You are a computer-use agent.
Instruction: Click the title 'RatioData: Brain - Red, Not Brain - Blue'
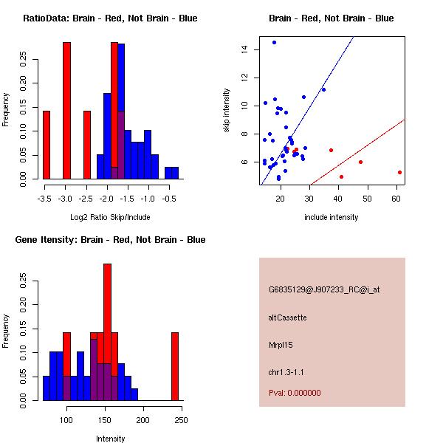coord(110,18)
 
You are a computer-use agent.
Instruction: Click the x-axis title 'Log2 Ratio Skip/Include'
coord(109,217)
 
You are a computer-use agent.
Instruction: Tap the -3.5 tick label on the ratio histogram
coord(46,199)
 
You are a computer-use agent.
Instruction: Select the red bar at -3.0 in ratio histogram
coord(66,111)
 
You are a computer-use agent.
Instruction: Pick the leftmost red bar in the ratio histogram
coord(47,145)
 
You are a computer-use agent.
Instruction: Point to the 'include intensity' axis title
coord(331,217)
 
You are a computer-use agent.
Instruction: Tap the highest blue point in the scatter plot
coord(274,43)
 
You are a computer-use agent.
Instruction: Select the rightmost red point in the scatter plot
coord(399,172)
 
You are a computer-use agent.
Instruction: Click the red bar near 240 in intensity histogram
coord(175,366)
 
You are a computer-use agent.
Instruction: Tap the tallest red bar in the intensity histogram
coord(107,332)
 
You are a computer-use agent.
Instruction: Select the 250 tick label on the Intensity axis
coord(179,420)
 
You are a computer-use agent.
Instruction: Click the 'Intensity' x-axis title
coord(110,439)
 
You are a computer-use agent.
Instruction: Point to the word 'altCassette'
coord(287,317)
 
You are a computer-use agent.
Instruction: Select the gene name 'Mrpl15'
coord(281,345)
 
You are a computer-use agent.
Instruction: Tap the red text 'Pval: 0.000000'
coord(295,393)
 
